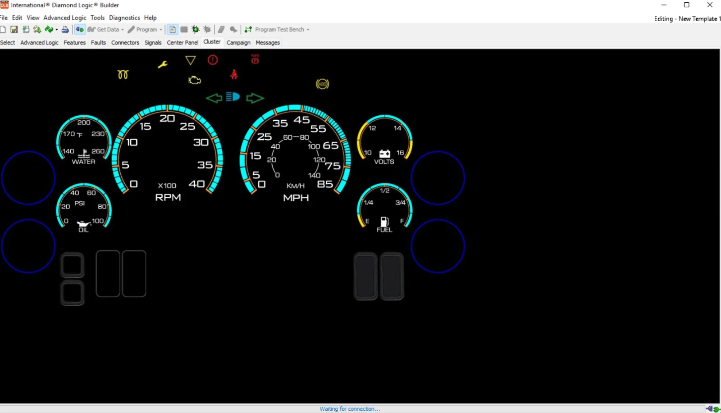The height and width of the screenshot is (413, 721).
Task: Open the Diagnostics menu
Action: click(124, 18)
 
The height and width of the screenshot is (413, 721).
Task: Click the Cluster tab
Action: click(212, 42)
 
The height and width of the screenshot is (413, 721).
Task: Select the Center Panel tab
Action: click(183, 42)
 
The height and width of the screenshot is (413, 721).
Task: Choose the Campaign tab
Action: click(238, 42)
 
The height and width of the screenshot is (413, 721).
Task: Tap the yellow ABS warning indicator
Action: click(322, 84)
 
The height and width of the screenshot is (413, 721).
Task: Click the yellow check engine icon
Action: click(194, 80)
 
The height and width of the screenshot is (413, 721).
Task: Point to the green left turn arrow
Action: click(214, 98)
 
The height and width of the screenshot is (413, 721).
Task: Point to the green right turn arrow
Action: click(255, 98)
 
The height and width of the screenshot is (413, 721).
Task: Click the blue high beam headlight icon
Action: click(233, 96)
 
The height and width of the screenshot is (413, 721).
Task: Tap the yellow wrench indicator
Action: click(163, 65)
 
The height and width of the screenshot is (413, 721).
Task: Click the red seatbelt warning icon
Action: click(234, 75)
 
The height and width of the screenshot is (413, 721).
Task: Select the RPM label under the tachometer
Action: click(168, 198)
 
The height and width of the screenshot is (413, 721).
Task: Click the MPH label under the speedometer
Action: click(296, 198)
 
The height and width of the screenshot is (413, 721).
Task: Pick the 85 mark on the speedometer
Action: click(324, 184)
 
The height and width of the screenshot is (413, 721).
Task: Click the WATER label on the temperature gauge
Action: click(83, 162)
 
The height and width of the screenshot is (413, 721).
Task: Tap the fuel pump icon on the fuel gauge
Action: click(384, 222)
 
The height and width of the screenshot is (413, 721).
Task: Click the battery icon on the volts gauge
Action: click(385, 154)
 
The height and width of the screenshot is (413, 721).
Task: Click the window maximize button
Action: click(687, 5)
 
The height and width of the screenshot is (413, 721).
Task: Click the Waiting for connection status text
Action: click(350, 409)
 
